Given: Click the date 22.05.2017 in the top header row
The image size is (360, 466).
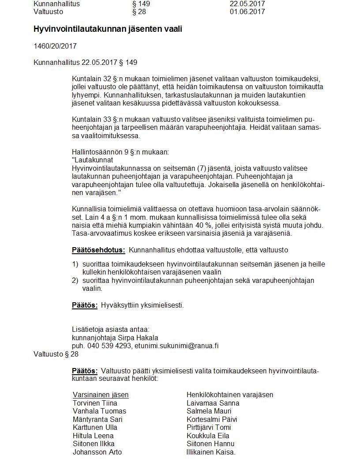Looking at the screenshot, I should point(247,4).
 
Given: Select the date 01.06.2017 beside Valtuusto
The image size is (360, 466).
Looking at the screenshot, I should point(247,11).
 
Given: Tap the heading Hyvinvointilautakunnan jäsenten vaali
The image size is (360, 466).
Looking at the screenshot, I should point(108,29).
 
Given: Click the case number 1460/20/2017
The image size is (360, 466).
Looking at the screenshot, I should point(55,46).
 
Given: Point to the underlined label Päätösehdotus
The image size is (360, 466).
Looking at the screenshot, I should point(98,250).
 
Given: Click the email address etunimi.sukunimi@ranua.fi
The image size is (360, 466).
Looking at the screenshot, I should point(176,346).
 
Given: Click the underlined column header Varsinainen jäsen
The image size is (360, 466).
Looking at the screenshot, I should point(101,395).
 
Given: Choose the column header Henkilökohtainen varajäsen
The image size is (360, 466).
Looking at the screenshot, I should point(230,395).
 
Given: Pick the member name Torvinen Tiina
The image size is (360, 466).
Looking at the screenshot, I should point(95,403).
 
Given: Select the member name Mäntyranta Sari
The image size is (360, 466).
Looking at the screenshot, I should point(97,419).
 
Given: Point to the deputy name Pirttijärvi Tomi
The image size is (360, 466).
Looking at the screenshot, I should point(209,427).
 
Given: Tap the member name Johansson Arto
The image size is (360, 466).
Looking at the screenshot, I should point(97,452).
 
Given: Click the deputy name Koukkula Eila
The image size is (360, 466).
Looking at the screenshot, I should point(208,436).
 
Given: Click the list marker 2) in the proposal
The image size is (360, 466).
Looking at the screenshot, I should point(75,280).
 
